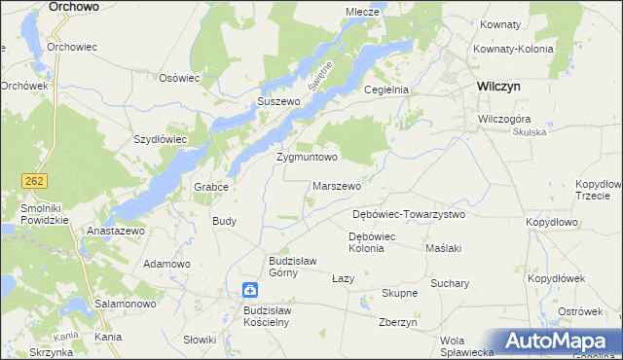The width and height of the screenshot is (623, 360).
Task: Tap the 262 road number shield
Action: pos(35,181)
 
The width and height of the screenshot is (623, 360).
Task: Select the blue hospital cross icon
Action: pos(250,290)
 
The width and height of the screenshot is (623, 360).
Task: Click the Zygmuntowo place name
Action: pos(307,157)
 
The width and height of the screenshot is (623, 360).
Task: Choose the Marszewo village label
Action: pos(337,185)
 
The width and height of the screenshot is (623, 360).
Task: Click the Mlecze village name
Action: pos(361,12)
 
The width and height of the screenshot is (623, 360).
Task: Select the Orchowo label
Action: pos(73,6)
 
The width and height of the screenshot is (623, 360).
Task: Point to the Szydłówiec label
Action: pos(160,139)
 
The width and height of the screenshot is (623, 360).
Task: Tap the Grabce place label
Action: pos(211,186)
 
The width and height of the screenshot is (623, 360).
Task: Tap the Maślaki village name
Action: pos(444,248)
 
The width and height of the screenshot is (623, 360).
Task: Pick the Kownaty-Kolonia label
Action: pos(513,49)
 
